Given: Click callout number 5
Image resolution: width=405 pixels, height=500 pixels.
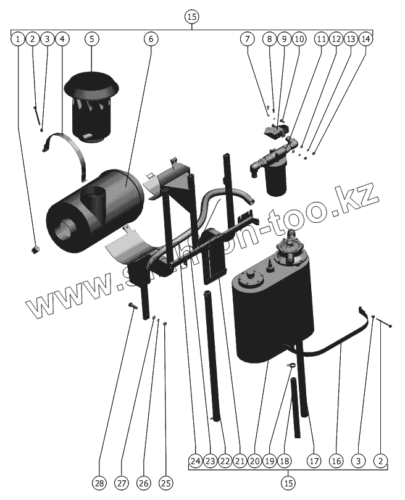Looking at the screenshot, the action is pyautogui.click(x=91, y=38).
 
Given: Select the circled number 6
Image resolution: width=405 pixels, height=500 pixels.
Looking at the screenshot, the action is pyautogui.click(x=151, y=38).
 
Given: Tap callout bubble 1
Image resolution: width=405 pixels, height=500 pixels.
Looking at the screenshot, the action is pyautogui.click(x=18, y=38).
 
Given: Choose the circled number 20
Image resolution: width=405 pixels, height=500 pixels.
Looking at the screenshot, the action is pyautogui.click(x=254, y=460).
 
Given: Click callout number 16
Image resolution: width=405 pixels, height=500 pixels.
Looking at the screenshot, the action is pyautogui.click(x=336, y=460).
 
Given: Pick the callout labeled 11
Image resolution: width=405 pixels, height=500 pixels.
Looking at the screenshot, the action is pyautogui.click(x=321, y=38).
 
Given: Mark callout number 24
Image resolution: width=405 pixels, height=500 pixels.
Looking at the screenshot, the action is pyautogui.click(x=196, y=460).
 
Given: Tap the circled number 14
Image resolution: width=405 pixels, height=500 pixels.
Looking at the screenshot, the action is pyautogui.click(x=365, y=38).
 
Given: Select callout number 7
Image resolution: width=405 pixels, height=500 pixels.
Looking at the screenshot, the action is pyautogui.click(x=248, y=38).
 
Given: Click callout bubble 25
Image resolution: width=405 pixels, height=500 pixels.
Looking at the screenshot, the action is pyautogui.click(x=165, y=483).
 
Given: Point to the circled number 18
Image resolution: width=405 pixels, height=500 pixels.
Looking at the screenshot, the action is pyautogui.click(x=284, y=460).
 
